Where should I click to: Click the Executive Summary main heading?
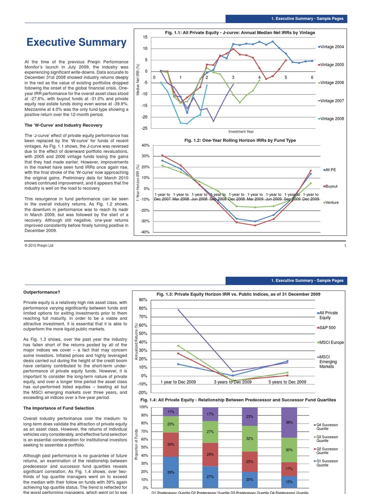(x=76, y=43)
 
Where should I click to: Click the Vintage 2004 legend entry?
(x=332, y=47)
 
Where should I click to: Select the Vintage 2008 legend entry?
(x=332, y=119)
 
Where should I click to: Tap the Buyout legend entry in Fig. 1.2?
(x=331, y=186)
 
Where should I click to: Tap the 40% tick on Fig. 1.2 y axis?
(x=145, y=145)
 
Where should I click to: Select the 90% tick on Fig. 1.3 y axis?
(x=143, y=300)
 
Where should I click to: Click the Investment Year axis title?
(x=241, y=131)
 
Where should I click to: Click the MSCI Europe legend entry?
(x=331, y=343)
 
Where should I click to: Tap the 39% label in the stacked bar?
(x=171, y=472)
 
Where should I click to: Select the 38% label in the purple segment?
(x=289, y=422)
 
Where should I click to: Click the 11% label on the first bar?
(x=171, y=412)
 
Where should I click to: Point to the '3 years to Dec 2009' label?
(x=233, y=382)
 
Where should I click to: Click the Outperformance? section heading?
(x=42, y=292)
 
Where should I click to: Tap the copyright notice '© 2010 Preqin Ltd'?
(x=39, y=246)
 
